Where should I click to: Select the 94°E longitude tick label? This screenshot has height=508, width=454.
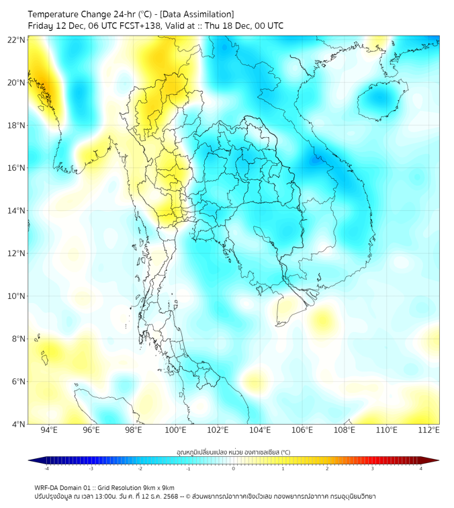[x=49, y=430]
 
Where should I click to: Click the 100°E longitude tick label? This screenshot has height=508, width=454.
[x=175, y=430]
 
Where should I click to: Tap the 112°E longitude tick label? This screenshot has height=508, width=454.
[x=428, y=430]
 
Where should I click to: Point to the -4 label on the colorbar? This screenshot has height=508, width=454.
[x=46, y=468]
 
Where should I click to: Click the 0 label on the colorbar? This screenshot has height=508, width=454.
[x=234, y=468]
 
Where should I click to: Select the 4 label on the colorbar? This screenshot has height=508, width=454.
[x=420, y=468]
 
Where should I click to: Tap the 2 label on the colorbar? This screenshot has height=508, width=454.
[x=327, y=468]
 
